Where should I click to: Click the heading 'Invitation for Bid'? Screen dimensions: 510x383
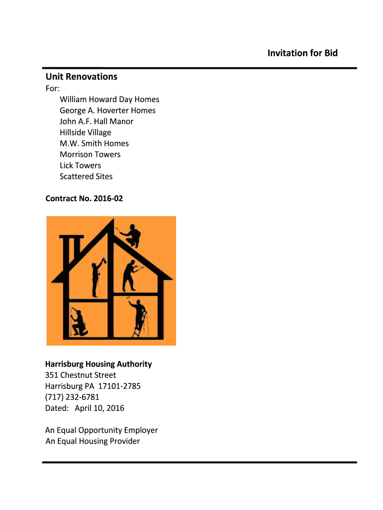click(x=302, y=53)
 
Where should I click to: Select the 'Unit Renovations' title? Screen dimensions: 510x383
click(x=82, y=77)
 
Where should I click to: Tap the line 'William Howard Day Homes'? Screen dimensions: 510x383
click(x=109, y=100)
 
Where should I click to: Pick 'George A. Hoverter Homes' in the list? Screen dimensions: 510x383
click(x=107, y=111)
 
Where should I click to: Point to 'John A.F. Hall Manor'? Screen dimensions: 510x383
click(x=96, y=122)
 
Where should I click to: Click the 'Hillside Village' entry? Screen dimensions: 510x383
click(x=86, y=132)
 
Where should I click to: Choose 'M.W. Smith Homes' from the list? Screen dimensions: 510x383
click(x=94, y=143)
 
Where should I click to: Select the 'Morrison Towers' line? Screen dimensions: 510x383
click(x=90, y=154)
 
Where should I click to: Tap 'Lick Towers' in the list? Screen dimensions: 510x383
click(x=80, y=165)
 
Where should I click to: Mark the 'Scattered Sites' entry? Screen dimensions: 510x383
click(x=86, y=176)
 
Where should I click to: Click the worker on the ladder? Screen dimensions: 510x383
click(x=138, y=317)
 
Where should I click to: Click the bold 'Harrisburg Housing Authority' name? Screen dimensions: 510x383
click(x=98, y=364)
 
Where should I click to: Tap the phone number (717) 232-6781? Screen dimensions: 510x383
click(x=72, y=397)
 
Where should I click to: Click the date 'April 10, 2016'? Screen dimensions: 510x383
click(x=99, y=408)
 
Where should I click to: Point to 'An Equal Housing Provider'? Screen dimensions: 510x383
click(x=93, y=441)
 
